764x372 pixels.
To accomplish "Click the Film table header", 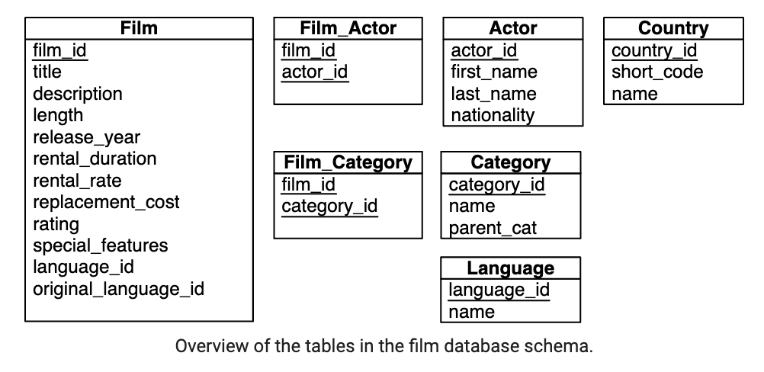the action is point(139,27).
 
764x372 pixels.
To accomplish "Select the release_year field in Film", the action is point(87,137).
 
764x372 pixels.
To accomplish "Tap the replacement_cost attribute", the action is point(106,202).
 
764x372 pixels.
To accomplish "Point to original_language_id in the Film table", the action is point(118,289).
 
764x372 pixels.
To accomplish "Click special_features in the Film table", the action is point(101,245).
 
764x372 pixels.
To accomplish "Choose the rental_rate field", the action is point(77,181).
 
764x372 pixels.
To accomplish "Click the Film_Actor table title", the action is point(348,28).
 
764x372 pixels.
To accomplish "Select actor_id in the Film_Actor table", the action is point(315,72).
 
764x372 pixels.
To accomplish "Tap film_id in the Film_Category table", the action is point(309,185).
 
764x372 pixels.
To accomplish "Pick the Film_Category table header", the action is point(348,162).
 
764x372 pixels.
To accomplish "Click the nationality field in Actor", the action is point(493,115).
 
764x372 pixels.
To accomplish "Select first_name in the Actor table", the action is point(494,72).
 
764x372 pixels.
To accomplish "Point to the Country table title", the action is point(673,28).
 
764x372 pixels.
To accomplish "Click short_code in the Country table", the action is point(657,72).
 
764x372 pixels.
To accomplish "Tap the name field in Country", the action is point(634,94).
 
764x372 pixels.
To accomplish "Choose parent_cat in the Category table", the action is point(493,229).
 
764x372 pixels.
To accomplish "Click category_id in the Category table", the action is point(496,185).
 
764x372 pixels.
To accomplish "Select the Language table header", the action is point(511,268).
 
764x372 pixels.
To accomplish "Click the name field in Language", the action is point(471,312).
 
